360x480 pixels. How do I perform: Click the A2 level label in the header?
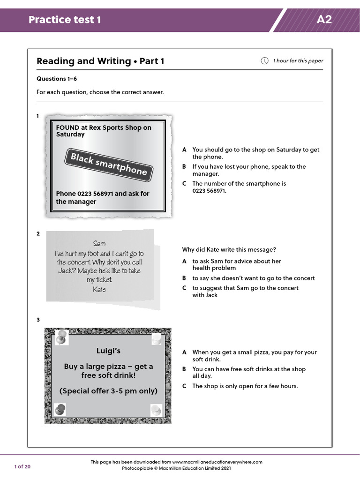coord(324,20)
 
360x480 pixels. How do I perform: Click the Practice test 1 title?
coord(65,20)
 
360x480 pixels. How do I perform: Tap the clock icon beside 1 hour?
coord(264,61)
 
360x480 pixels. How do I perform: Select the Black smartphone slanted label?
coord(109,164)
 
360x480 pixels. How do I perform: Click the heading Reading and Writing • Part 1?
coord(100,61)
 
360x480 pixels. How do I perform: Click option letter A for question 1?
coord(185,150)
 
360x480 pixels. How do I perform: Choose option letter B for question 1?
coord(185,167)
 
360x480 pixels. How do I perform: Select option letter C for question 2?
coord(185,288)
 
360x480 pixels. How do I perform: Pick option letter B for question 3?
coord(185,369)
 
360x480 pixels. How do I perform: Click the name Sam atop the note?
coord(99,243)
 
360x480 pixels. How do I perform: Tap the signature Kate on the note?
coord(99,289)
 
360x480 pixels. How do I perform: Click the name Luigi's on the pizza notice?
coord(108,351)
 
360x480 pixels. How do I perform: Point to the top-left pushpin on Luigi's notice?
coord(61,336)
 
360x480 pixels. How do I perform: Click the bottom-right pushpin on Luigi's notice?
coord(156,411)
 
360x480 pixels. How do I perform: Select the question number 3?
coord(38,320)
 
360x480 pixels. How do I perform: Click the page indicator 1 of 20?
coord(22,466)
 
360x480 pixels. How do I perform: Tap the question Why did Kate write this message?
coord(229,249)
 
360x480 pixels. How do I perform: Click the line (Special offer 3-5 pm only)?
coord(108,391)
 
